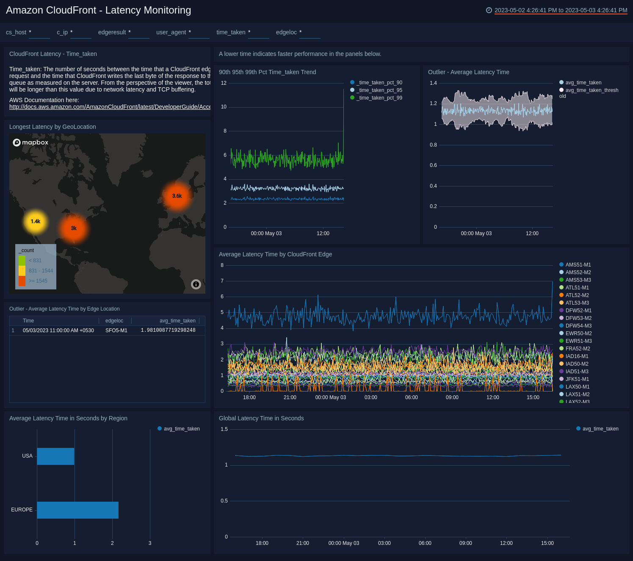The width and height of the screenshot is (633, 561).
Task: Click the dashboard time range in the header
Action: coord(561,10)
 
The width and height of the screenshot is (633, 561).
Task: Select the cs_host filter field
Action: coord(39,33)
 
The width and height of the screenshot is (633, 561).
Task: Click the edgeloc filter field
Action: coord(310,33)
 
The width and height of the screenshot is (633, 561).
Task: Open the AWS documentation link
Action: coord(110,107)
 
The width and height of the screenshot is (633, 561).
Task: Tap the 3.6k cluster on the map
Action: coord(177,196)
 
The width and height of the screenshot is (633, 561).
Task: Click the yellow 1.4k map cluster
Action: coord(36,221)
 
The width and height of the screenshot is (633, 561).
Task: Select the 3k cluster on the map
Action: coord(74,228)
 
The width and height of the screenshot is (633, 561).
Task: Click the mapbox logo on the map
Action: coord(30,142)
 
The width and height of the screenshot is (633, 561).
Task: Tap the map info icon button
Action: coord(196,284)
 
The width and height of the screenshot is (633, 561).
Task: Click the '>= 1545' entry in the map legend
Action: coord(38,281)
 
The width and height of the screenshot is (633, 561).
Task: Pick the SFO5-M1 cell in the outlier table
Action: coord(116,330)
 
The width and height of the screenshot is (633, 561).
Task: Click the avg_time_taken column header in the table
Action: coord(177,321)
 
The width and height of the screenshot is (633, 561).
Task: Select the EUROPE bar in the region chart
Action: coord(77,510)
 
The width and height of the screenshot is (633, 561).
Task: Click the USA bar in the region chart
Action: coord(55,456)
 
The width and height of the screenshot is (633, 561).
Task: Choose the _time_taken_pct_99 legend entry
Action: coord(379,98)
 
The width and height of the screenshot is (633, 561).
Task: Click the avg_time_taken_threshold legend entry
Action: coord(592,90)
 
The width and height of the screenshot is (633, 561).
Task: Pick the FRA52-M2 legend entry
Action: coord(578,349)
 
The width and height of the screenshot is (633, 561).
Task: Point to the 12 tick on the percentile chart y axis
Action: coord(224,83)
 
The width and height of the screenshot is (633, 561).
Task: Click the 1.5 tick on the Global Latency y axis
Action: coord(224,429)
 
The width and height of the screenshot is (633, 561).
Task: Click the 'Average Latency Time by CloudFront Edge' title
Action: coord(275,254)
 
